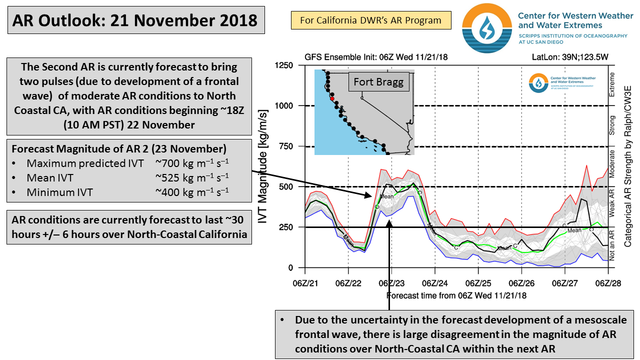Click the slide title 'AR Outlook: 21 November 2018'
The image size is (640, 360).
pos(135,20)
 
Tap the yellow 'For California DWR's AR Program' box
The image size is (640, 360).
pos(370,20)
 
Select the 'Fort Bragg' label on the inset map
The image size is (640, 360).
pos(378,81)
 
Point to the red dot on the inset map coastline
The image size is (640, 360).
pos(332,99)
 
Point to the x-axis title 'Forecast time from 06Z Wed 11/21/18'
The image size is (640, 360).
pos(456,295)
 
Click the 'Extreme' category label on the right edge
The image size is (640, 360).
pos(612,85)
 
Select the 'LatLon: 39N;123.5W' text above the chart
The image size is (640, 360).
pos(574,57)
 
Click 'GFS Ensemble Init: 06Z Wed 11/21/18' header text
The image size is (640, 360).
pos(375,57)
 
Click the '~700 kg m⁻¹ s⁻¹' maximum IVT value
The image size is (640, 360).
pos(192,163)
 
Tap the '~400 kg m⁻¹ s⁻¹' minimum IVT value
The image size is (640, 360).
pos(192,191)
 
